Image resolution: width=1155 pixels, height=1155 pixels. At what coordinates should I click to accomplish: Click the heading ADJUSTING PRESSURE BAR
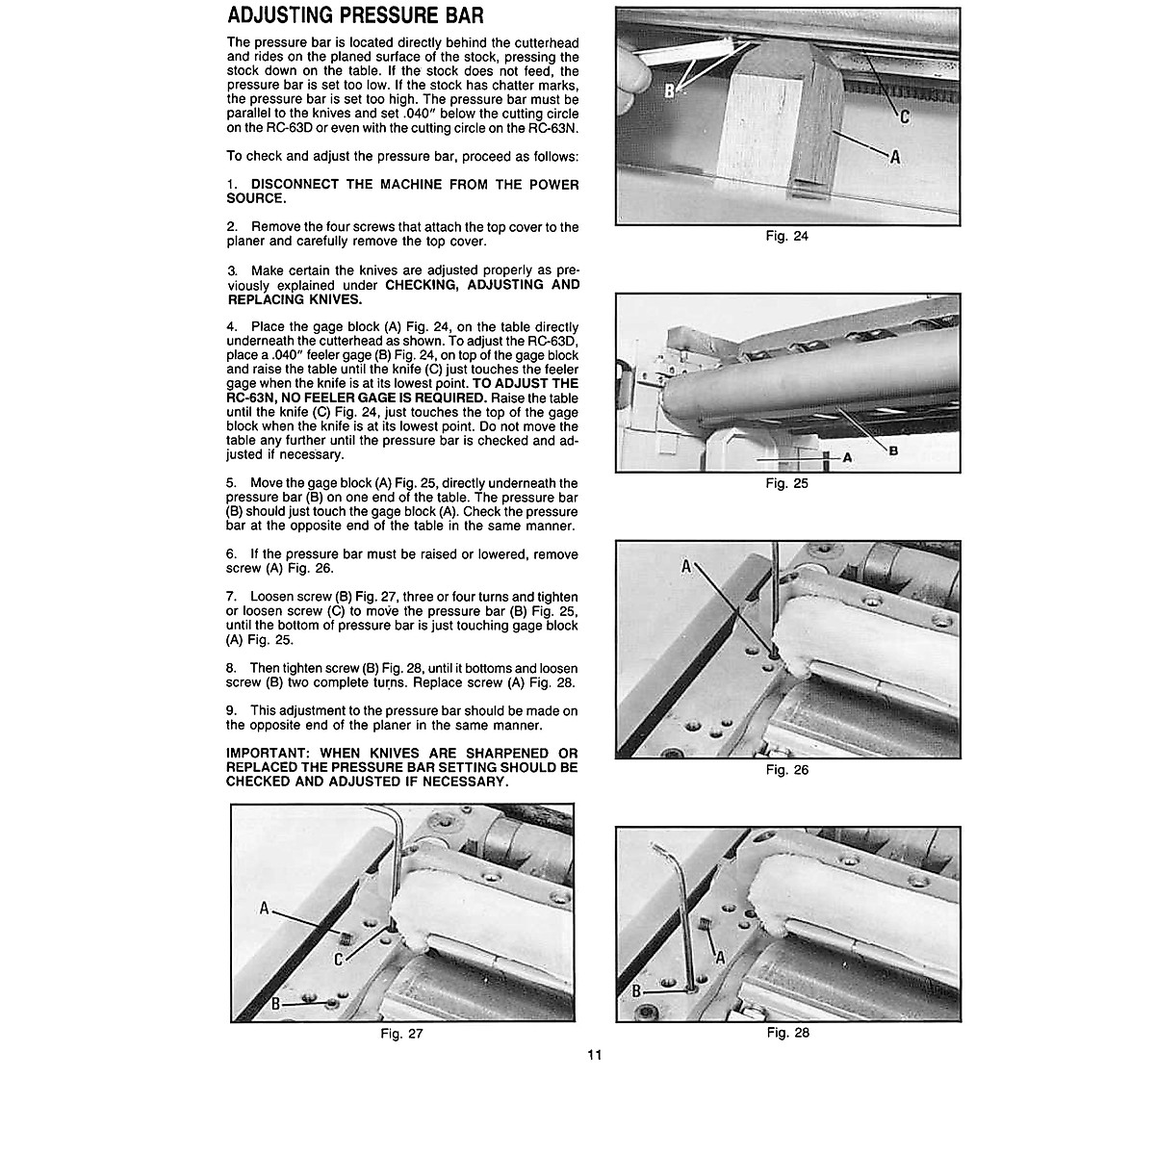pyautogui.click(x=354, y=16)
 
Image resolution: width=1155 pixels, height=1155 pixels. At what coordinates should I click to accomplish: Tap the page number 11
pyautogui.click(x=594, y=1055)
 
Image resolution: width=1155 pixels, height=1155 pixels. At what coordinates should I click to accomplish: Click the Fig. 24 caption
pyautogui.click(x=786, y=237)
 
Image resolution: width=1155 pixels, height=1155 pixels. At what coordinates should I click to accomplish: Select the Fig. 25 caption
pyautogui.click(x=786, y=483)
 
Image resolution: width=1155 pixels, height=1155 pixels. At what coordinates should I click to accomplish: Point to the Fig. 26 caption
pyautogui.click(x=786, y=770)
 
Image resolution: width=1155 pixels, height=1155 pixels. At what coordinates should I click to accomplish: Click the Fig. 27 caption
pyautogui.click(x=401, y=1034)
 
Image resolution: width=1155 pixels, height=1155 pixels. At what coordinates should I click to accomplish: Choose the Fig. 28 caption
pyautogui.click(x=787, y=1033)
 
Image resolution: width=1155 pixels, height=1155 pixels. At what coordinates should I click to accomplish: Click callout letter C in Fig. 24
pyautogui.click(x=904, y=116)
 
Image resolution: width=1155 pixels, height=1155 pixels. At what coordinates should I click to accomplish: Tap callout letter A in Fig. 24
pyautogui.click(x=894, y=157)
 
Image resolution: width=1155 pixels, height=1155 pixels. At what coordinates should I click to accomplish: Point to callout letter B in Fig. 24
pyautogui.click(x=671, y=90)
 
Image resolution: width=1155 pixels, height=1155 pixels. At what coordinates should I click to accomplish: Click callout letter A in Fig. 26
pyautogui.click(x=686, y=567)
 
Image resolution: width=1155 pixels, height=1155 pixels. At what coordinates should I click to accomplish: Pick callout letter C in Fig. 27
pyautogui.click(x=339, y=960)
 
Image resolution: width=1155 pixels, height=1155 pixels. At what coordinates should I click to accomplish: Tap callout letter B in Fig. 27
pyautogui.click(x=275, y=1003)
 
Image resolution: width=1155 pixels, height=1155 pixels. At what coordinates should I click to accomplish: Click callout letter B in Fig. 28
pyautogui.click(x=636, y=990)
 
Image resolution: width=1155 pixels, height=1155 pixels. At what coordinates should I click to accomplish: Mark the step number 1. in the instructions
pyautogui.click(x=232, y=184)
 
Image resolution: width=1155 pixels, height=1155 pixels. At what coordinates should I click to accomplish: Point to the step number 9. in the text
pyautogui.click(x=231, y=711)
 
